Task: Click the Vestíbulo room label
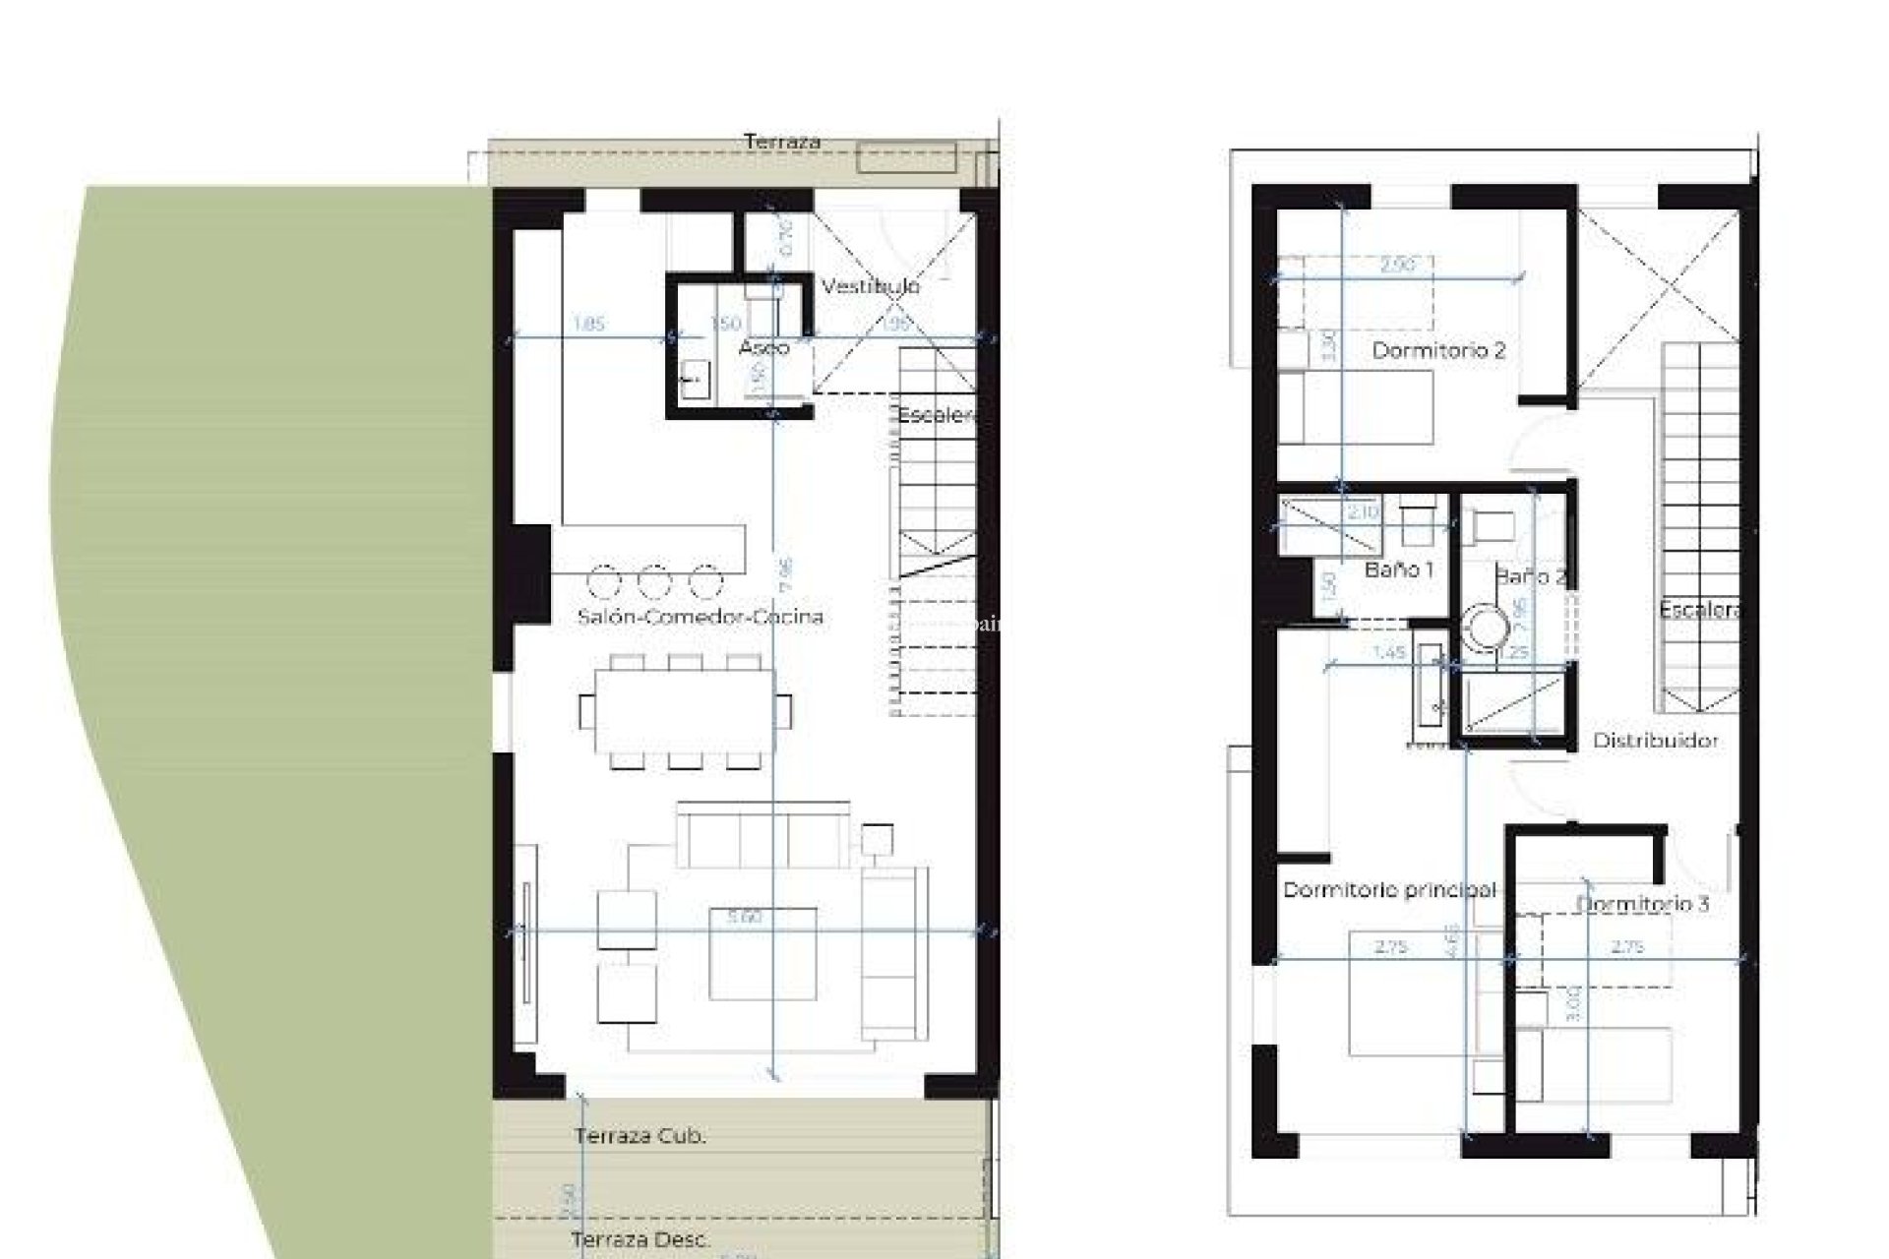(871, 286)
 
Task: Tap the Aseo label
(763, 347)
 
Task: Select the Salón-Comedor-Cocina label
(700, 617)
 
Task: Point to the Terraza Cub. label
(640, 1136)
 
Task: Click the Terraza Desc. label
(640, 1239)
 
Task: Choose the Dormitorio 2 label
(1438, 350)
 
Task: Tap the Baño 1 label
(1399, 570)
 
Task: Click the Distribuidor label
(1656, 741)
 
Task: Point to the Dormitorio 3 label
(1642, 904)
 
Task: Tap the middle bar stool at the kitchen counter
(654, 581)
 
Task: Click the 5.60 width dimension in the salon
(745, 917)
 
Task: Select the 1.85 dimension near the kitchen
(588, 324)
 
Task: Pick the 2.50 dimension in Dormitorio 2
(1397, 265)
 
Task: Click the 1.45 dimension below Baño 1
(1387, 652)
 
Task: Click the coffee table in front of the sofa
(762, 953)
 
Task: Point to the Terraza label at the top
(782, 142)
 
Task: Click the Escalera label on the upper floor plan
(1699, 610)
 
